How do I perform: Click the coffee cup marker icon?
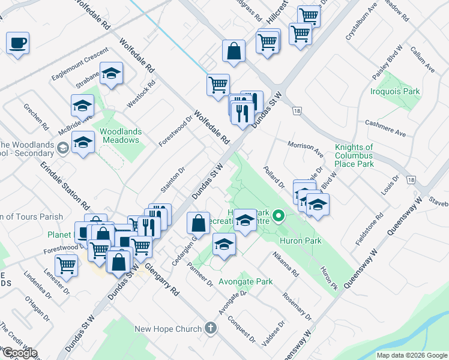point(18,43)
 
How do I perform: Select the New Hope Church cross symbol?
point(210,328)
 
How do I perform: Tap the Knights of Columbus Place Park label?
point(354,155)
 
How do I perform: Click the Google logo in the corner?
point(19,353)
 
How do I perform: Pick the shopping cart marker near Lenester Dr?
point(66,264)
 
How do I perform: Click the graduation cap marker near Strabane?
point(111,73)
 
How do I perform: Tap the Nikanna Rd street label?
point(285,264)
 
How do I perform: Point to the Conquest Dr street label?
point(242,329)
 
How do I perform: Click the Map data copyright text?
point(412,355)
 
